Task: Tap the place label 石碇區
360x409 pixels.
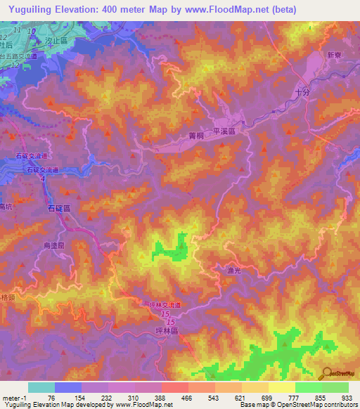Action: (58, 209)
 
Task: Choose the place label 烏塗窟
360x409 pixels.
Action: (53, 245)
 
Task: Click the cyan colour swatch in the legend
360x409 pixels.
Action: (41, 387)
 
